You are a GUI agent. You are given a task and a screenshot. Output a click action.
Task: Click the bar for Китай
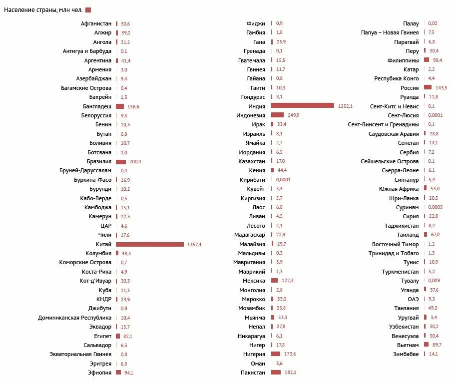[149, 244]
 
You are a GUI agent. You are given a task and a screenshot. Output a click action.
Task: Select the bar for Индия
[302, 106]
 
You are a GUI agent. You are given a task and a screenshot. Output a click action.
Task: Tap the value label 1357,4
[193, 244]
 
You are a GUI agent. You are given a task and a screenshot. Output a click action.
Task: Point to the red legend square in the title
[88, 10]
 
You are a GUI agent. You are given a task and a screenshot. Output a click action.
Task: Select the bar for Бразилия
[121, 162]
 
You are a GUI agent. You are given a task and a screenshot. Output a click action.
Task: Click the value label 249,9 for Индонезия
[293, 115]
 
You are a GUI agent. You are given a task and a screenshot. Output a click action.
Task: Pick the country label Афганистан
[96, 23]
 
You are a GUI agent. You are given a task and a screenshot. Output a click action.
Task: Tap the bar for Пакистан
[276, 373]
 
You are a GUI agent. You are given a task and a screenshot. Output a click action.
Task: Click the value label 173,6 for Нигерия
[289, 354]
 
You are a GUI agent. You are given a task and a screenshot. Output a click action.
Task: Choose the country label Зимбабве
[406, 354]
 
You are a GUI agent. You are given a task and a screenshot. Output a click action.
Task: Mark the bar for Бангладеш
[120, 106]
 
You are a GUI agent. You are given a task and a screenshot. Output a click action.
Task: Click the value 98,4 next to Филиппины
[438, 60]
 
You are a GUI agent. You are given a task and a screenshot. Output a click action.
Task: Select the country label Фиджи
[256, 23]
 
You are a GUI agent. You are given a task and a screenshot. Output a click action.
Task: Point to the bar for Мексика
[274, 281]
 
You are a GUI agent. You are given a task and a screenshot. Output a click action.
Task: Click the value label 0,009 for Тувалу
[434, 281]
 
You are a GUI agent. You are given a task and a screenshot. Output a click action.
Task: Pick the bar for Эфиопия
[118, 373]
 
